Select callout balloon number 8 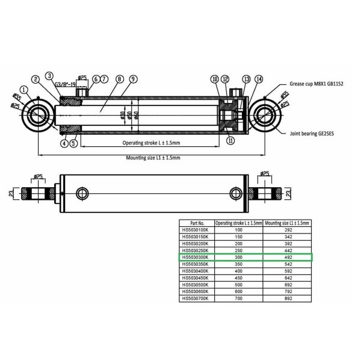119,79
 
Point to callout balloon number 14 259,79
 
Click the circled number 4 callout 63,143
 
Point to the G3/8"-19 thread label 66,85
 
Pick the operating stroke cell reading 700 239,298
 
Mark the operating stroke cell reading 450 239,277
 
